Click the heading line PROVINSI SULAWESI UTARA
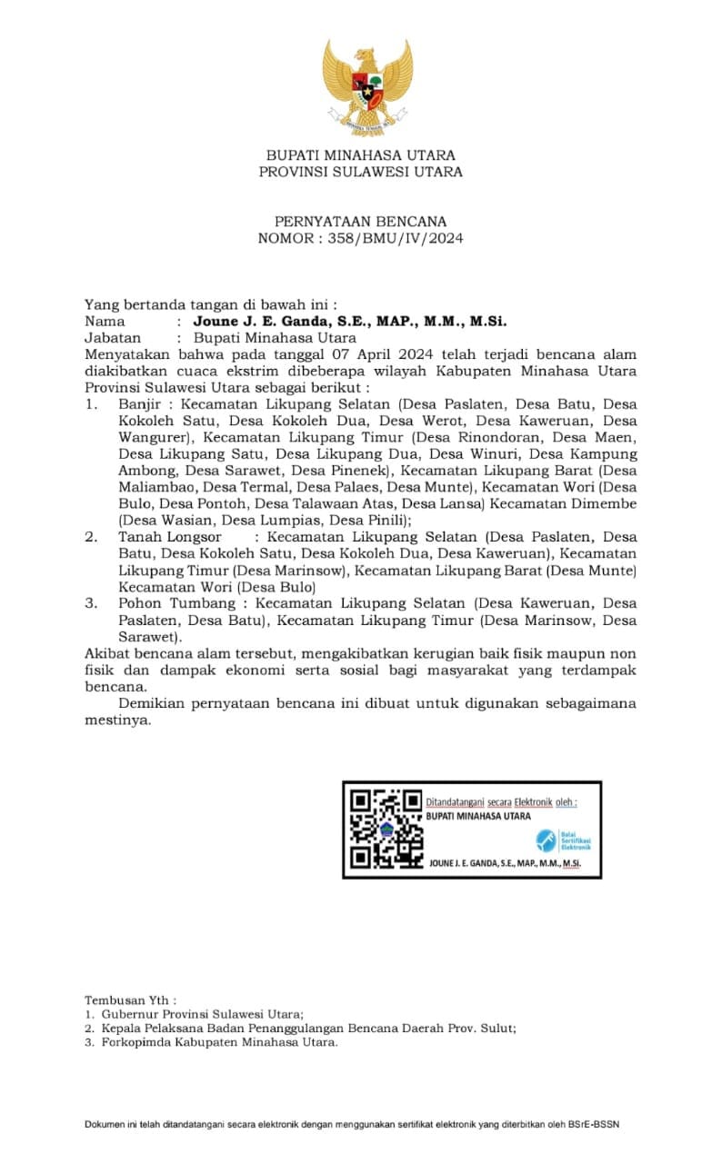[361, 172]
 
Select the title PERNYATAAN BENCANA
[361, 222]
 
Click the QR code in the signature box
[386, 828]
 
